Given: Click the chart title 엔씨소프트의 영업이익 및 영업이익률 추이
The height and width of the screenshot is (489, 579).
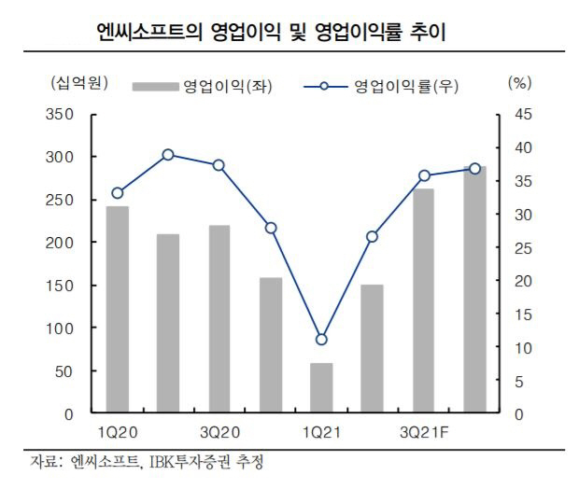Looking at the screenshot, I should click(x=272, y=33).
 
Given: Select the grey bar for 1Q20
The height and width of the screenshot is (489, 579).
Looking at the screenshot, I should click(x=118, y=309).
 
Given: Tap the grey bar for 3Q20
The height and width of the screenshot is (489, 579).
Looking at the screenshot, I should click(x=219, y=318).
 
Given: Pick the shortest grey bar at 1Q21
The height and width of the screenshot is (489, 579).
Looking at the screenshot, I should click(x=321, y=387).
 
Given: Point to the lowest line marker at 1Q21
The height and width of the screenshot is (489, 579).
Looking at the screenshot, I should click(x=321, y=340).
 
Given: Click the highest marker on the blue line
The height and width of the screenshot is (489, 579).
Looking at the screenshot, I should click(x=168, y=155).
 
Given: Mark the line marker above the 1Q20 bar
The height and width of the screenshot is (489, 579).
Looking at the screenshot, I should click(x=118, y=193).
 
